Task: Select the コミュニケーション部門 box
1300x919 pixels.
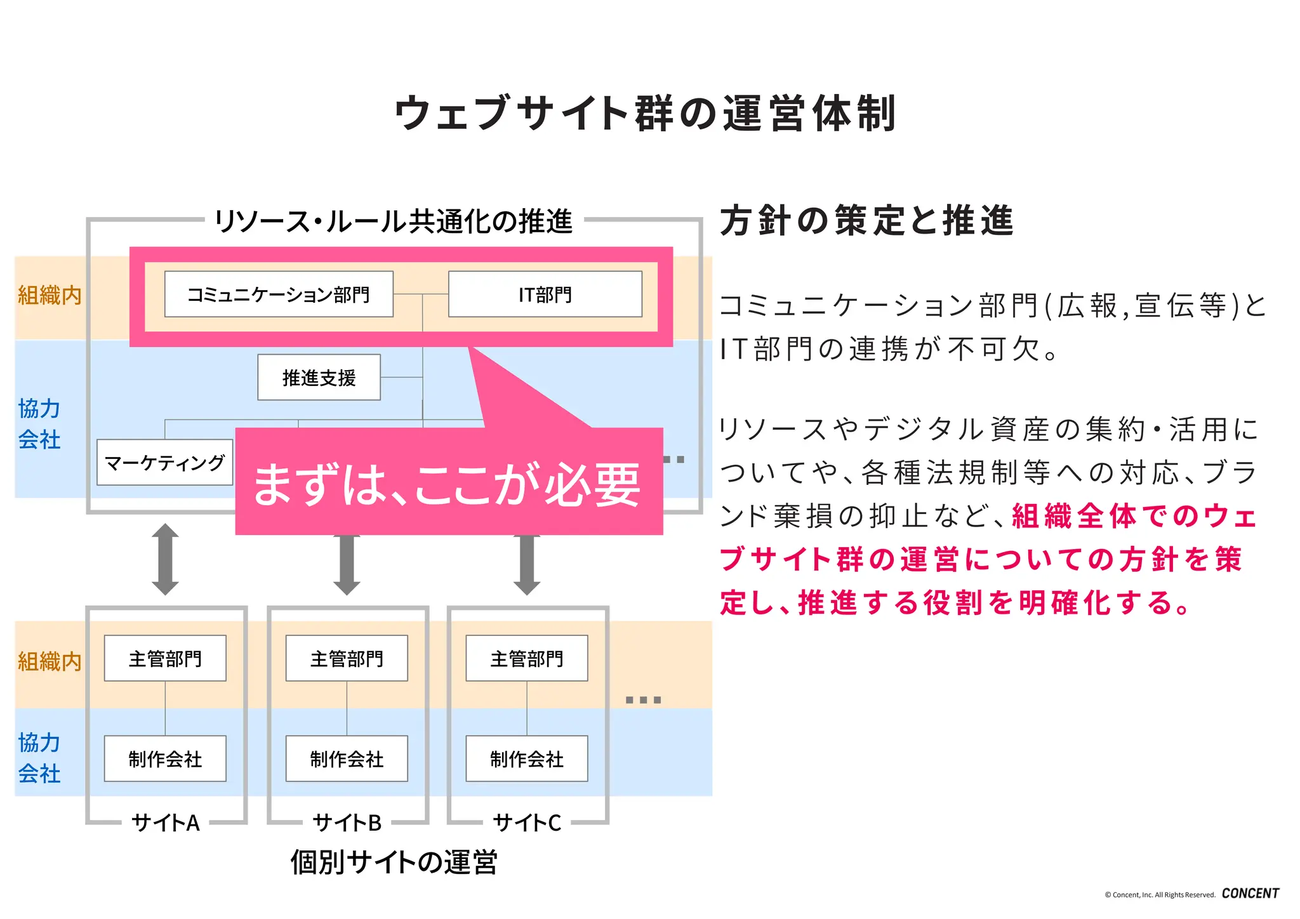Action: pos(279,294)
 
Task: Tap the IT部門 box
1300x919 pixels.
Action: pos(545,294)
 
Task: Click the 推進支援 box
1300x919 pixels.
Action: pos(319,378)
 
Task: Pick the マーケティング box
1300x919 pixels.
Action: pos(164,463)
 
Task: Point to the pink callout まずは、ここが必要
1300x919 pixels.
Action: pos(448,484)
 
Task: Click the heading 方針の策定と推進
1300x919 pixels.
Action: pos(866,221)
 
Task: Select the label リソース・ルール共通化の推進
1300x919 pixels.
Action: pos(394,221)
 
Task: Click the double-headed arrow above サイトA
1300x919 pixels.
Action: pos(165,559)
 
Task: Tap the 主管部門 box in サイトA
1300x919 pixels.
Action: pos(165,659)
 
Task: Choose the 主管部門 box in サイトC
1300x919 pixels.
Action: pos(526,659)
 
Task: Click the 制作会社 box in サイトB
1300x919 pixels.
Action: pos(347,759)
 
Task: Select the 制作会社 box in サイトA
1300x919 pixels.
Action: pos(165,759)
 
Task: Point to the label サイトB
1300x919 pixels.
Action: pos(347,823)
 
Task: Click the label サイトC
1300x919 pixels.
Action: pos(527,823)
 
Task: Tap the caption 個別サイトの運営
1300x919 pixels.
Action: pos(394,863)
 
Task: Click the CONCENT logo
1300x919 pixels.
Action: pos(1250,894)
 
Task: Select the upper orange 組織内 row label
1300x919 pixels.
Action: pos(50,296)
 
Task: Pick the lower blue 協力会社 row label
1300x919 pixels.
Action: pos(39,758)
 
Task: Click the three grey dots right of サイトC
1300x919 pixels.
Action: pos(643,700)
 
